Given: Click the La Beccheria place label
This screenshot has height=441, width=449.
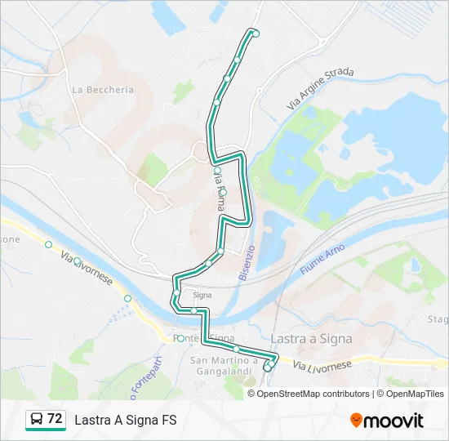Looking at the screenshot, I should (x=103, y=90).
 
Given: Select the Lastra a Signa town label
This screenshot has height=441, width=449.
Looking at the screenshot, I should (x=311, y=338).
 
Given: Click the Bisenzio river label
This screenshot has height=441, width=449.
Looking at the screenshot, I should (x=247, y=263).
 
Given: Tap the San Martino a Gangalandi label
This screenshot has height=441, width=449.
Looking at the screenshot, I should (x=224, y=365).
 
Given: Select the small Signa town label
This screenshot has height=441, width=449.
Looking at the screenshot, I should (x=202, y=295).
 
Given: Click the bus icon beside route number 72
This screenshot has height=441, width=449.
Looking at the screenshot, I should (x=37, y=420).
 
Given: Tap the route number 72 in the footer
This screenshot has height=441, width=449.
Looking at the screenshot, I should (x=55, y=419).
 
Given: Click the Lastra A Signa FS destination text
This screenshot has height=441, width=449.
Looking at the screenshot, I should (x=126, y=420).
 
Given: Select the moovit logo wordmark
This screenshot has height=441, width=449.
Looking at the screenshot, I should (x=394, y=421).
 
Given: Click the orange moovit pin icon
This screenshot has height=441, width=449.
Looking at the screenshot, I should (x=357, y=421).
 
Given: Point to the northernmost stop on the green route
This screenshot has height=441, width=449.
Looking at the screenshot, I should (x=256, y=33).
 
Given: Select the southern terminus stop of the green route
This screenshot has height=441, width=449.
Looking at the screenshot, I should (x=267, y=368).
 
